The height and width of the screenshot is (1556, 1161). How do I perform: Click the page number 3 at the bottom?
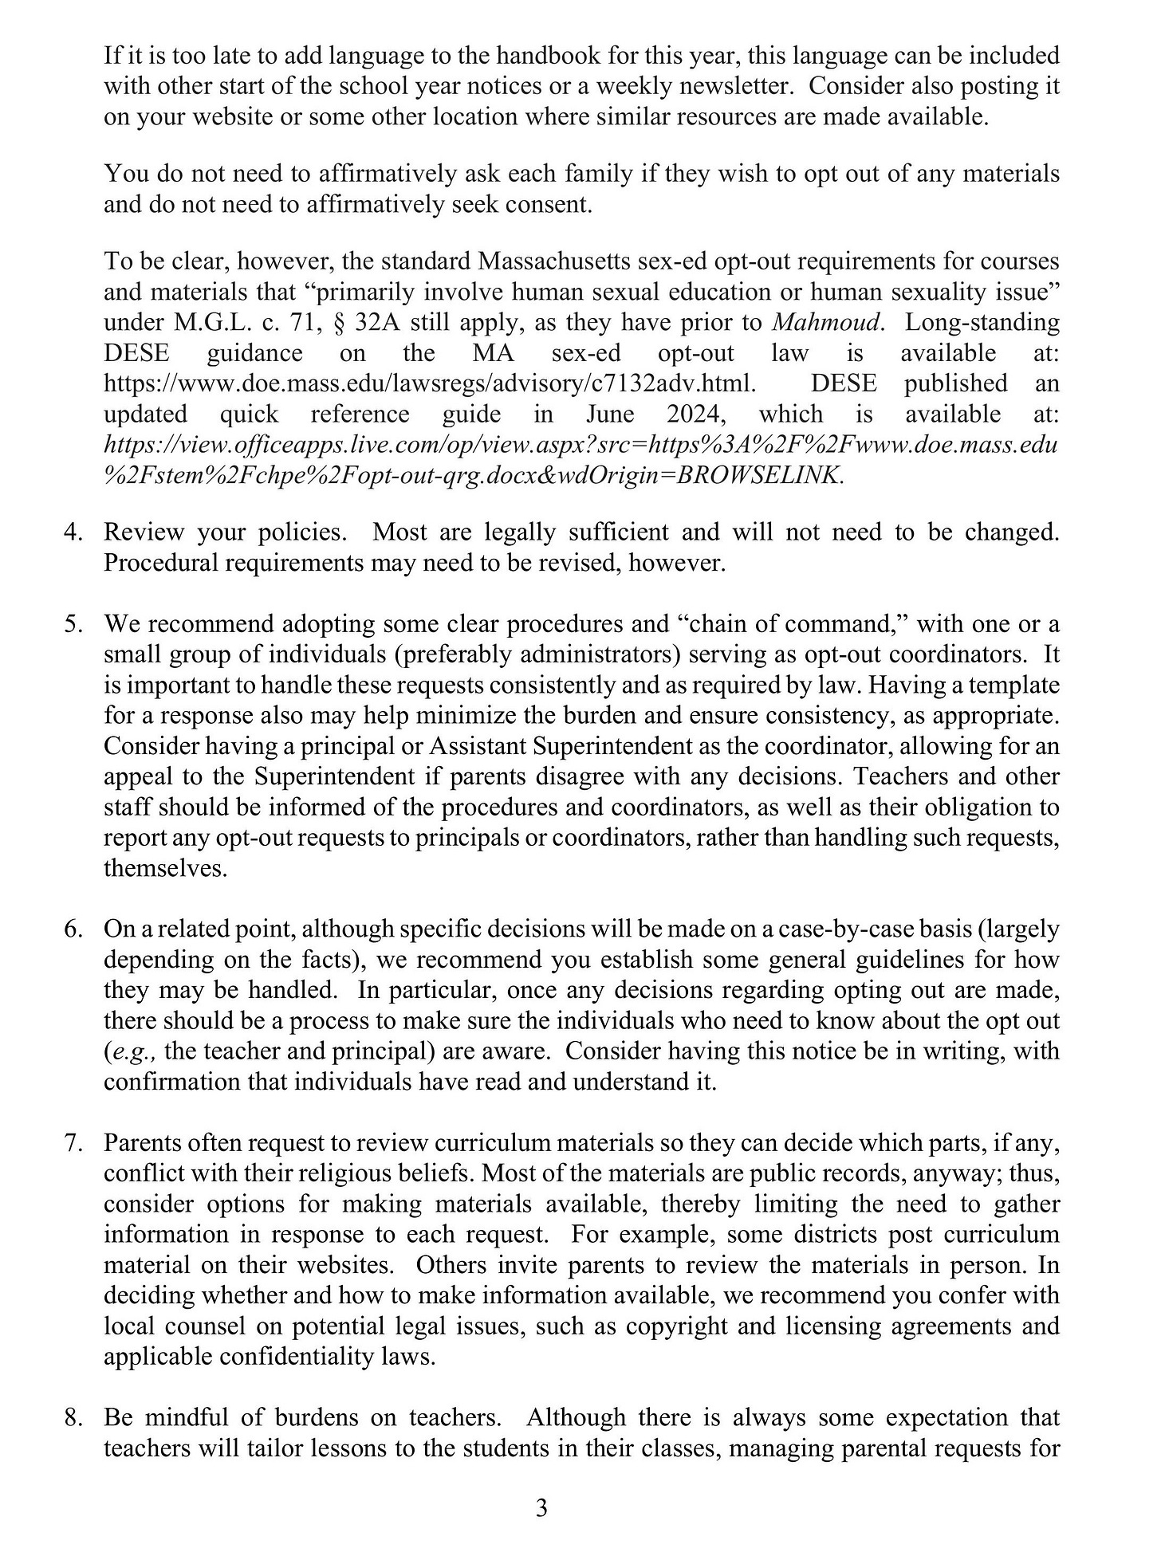(x=541, y=1508)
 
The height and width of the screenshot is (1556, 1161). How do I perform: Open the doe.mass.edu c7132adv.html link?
(x=429, y=383)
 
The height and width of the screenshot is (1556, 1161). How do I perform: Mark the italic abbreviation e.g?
(x=132, y=1051)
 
